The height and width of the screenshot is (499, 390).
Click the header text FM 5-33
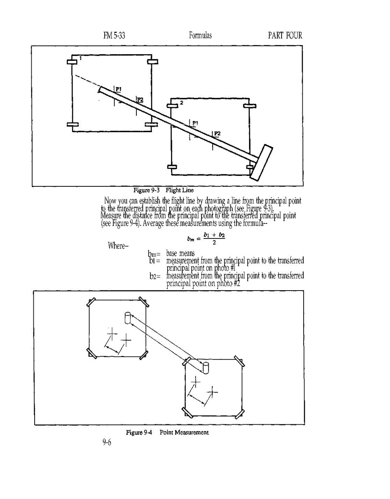tap(114, 35)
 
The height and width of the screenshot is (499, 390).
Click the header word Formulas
tap(200, 35)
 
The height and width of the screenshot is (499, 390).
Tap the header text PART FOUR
tap(285, 35)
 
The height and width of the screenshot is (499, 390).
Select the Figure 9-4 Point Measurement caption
tap(167, 432)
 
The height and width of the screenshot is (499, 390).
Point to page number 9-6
tap(107, 443)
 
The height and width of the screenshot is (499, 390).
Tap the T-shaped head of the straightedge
tap(261, 162)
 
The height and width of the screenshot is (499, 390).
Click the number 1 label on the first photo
tap(80, 59)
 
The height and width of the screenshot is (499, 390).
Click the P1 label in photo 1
tap(118, 89)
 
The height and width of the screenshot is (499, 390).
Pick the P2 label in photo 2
tap(217, 133)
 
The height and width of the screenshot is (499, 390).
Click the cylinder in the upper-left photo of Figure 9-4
tap(128, 318)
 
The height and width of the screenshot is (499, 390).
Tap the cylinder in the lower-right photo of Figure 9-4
tap(205, 368)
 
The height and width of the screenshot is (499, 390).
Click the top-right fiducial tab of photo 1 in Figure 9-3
tap(152, 62)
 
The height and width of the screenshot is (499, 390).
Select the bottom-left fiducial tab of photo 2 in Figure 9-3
tap(171, 167)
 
